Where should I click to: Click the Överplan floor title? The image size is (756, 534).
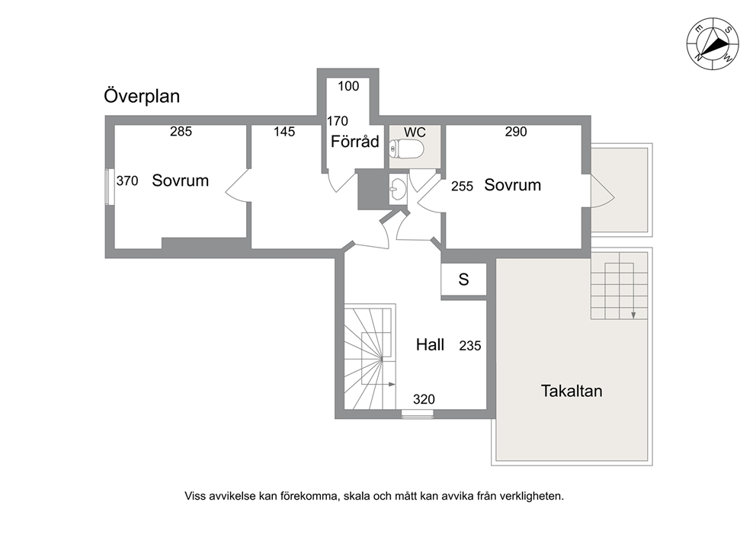tap(142, 95)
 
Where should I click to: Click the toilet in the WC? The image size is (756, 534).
tap(406, 149)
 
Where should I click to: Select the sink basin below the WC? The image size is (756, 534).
tap(398, 189)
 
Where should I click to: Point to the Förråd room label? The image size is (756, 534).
tap(355, 142)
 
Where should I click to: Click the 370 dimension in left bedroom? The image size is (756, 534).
tap(127, 181)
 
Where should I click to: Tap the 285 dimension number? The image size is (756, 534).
tap(181, 131)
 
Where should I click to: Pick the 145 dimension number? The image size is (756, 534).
tap(284, 132)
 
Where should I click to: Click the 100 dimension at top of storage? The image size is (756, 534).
tap(348, 86)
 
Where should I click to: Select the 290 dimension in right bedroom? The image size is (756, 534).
tap(516, 132)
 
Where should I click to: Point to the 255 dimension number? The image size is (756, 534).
tap(462, 186)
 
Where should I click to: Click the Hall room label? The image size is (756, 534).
tap(430, 344)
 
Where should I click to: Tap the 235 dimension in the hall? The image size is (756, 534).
tap(470, 346)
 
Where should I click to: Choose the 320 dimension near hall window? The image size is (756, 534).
tap(424, 399)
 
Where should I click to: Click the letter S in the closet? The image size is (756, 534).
tap(463, 280)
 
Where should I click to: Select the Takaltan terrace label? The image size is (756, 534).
tap(572, 390)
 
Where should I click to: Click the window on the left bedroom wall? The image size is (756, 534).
tap(110, 187)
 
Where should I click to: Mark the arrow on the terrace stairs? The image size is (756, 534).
tap(633, 291)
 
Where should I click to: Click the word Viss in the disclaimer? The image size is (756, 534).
tap(195, 495)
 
